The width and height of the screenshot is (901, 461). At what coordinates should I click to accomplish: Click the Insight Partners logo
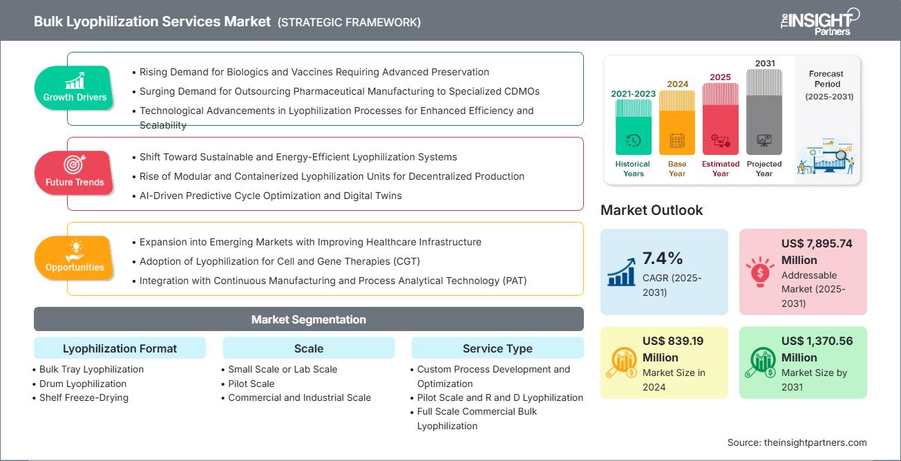(819, 21)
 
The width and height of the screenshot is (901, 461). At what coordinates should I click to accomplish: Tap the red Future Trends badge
(74, 173)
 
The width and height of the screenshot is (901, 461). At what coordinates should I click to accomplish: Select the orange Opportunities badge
(74, 258)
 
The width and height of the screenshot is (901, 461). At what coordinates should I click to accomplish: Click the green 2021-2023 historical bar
(633, 127)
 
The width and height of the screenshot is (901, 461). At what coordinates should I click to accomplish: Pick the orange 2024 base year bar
(676, 122)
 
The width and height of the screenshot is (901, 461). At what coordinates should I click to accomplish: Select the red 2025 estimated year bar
(720, 118)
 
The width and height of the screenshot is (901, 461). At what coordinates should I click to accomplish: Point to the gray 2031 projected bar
(764, 111)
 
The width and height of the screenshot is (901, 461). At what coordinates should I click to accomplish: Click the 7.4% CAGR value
(663, 258)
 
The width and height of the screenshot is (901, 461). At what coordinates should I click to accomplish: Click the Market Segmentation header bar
(308, 319)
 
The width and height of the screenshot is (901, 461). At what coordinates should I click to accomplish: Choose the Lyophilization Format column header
(120, 348)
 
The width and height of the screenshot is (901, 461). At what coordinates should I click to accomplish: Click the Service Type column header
(497, 348)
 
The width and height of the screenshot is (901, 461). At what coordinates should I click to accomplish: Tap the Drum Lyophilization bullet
(82, 384)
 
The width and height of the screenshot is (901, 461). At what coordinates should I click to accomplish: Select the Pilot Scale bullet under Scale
(251, 384)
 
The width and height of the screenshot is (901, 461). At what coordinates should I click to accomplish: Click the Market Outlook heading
(652, 210)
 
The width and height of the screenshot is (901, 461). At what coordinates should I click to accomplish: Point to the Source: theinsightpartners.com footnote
(797, 442)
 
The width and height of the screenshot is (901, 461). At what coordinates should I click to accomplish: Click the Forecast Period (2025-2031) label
(827, 85)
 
